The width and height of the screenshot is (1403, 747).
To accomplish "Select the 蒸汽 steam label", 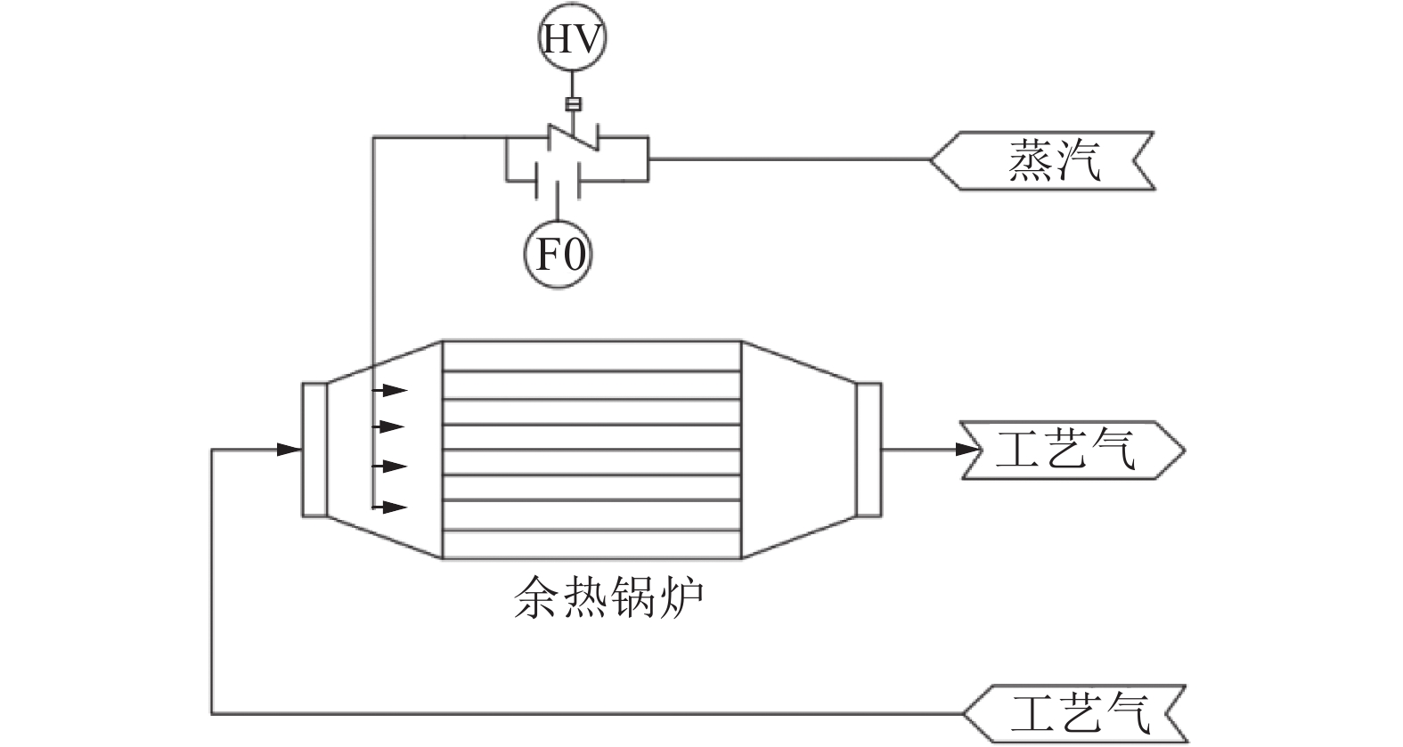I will pyautogui.click(x=1042, y=160).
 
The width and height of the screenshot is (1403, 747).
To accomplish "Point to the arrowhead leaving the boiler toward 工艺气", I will pyautogui.click(x=967, y=450).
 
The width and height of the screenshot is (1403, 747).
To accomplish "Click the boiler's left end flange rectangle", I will pyautogui.click(x=314, y=450).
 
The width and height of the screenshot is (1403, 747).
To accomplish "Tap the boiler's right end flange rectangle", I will pyautogui.click(x=869, y=450).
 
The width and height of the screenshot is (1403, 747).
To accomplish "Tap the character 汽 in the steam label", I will pyautogui.click(x=1078, y=160).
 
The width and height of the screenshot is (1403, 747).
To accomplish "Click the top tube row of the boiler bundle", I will pyautogui.click(x=591, y=355).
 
